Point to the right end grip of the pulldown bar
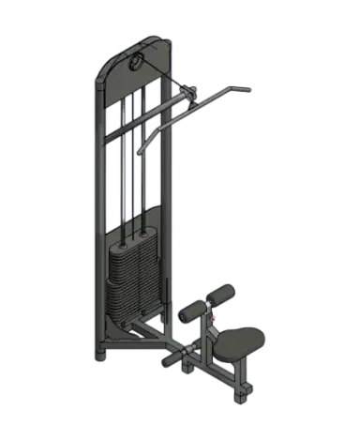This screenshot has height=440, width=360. coord(242,90)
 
